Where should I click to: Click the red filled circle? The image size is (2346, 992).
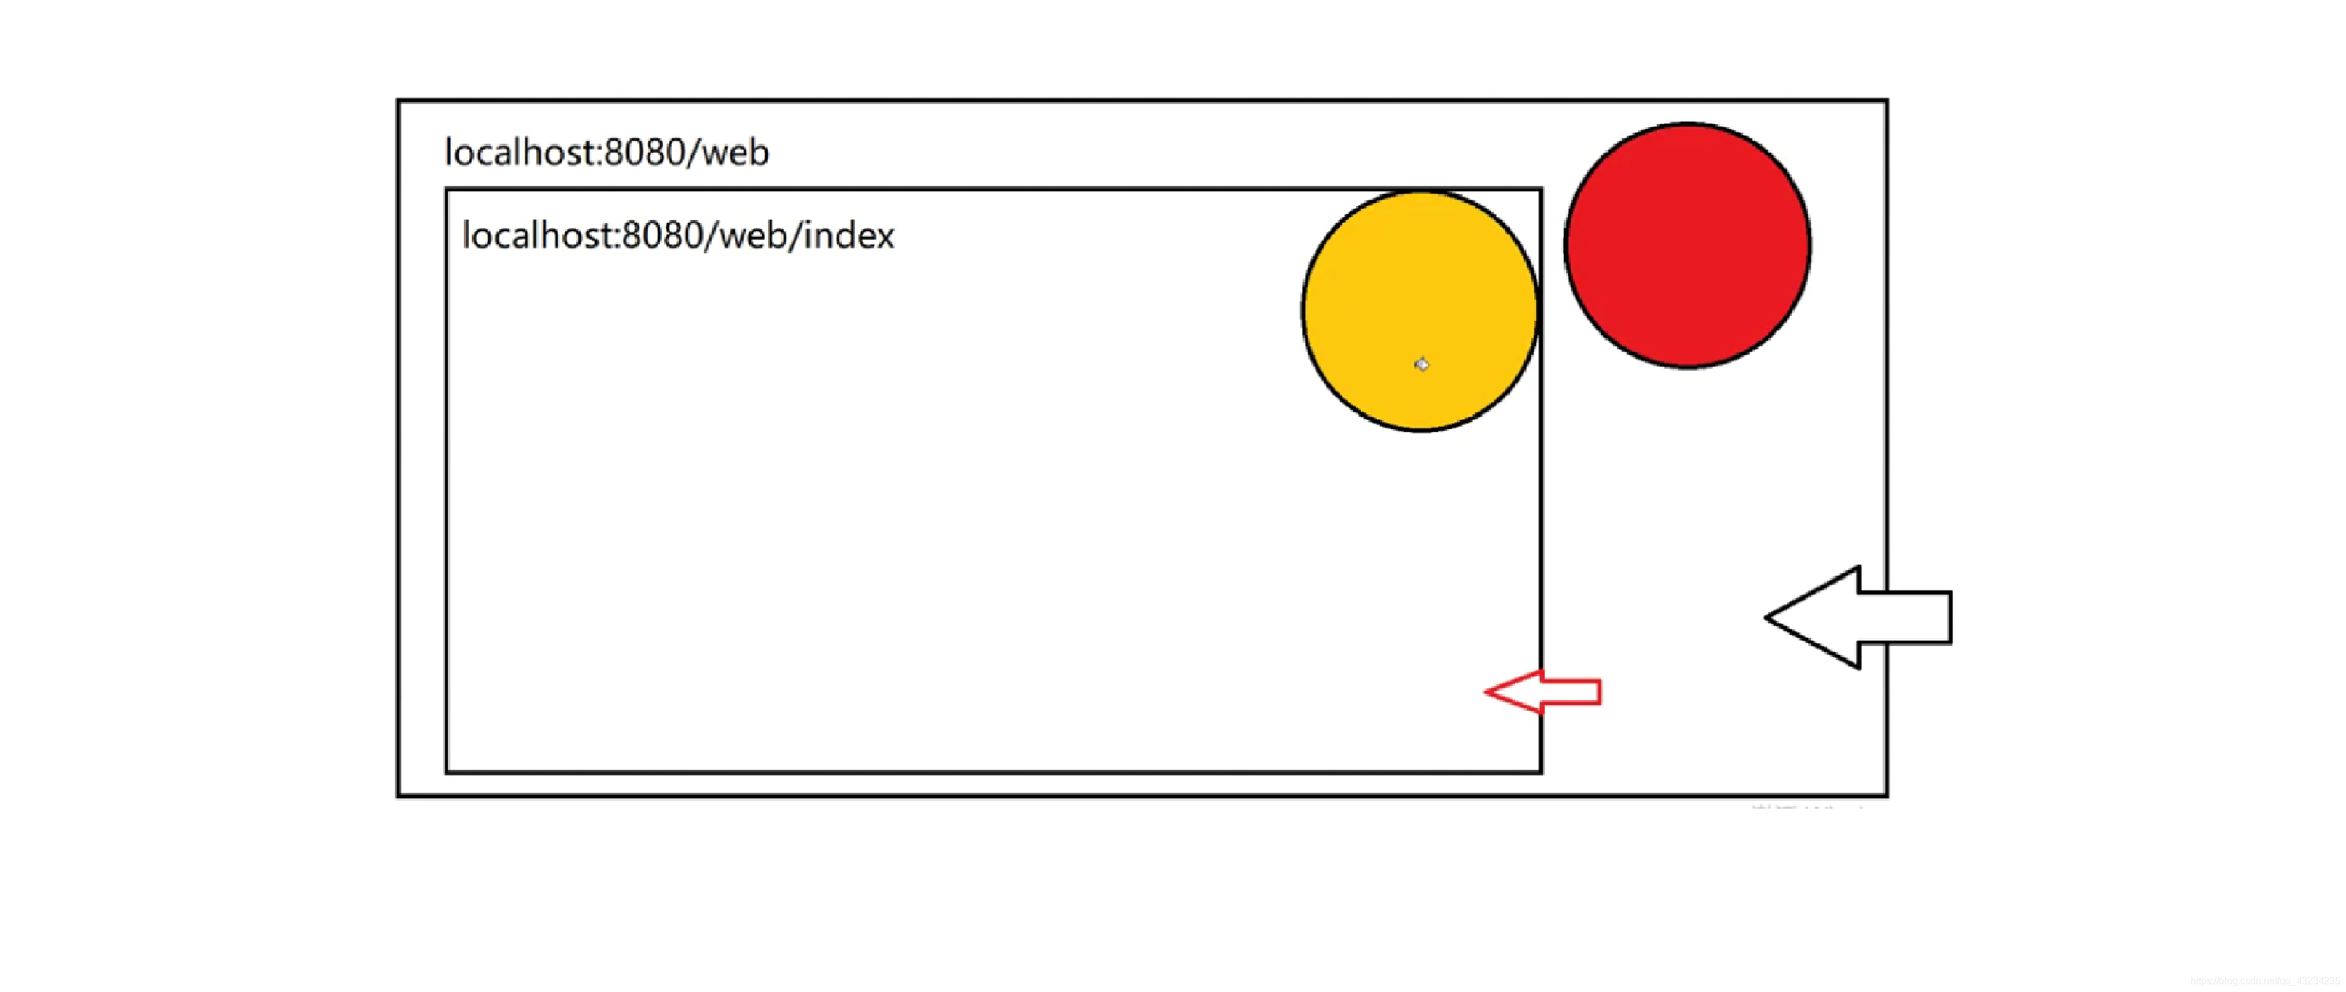(1687, 245)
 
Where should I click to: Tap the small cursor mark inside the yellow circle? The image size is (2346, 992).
(1422, 364)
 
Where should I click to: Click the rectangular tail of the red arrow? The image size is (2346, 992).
(1571, 692)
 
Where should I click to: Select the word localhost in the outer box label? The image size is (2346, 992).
(520, 152)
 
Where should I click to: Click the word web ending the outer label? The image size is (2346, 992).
(736, 152)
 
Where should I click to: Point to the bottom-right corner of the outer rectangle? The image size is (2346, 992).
(1886, 795)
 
